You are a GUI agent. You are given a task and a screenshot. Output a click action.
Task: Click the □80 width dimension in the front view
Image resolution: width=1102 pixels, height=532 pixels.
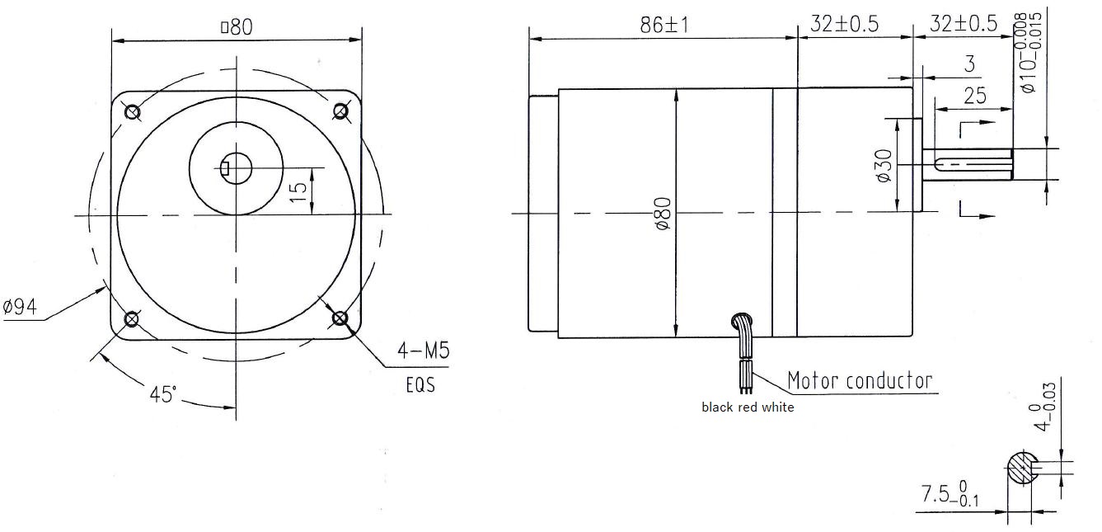point(236,27)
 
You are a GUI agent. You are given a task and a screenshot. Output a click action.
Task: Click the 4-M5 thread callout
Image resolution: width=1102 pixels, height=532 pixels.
point(423,351)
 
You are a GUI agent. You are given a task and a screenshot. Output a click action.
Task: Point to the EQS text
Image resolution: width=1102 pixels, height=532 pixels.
point(419,385)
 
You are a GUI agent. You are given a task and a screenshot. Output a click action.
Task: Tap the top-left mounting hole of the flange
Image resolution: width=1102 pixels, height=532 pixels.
point(130,111)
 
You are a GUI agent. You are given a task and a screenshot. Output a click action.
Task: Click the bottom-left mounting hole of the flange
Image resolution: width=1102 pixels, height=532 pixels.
point(130,319)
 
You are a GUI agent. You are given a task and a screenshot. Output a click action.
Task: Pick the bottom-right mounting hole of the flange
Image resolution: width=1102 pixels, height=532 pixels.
point(340,318)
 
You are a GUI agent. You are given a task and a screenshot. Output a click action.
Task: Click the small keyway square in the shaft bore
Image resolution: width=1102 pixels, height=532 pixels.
point(226,171)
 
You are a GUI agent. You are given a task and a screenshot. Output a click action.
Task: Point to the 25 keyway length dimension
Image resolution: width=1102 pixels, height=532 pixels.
point(974,96)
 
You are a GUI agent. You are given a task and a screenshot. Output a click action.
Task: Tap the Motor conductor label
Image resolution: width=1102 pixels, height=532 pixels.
point(859,380)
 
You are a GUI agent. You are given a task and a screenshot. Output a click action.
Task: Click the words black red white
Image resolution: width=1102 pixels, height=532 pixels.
point(748,407)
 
